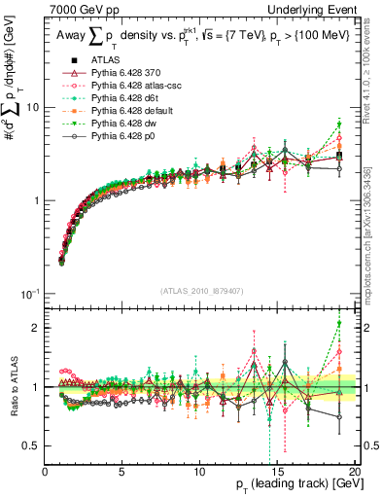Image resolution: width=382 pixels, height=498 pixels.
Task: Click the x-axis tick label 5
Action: coord(122,473)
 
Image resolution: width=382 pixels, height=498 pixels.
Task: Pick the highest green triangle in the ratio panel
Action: coord(338,324)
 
